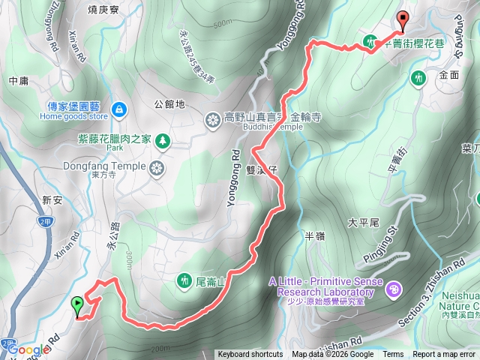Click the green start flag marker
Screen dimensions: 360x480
tap(76, 305)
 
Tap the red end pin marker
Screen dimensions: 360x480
tap(402, 22)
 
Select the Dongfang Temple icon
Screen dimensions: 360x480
tap(158, 166)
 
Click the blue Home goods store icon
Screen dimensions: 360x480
tap(118, 111)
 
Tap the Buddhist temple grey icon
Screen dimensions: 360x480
tap(211, 117)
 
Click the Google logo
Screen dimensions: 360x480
tap(28, 349)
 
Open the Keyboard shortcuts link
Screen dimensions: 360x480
tap(250, 355)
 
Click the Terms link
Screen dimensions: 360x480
tap(393, 355)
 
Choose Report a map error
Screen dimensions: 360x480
tap(444, 355)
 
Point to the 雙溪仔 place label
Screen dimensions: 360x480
tap(262, 170)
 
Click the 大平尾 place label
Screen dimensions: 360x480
tap(364, 223)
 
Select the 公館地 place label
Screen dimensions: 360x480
tap(169, 104)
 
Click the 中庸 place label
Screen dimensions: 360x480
tap(18, 79)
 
